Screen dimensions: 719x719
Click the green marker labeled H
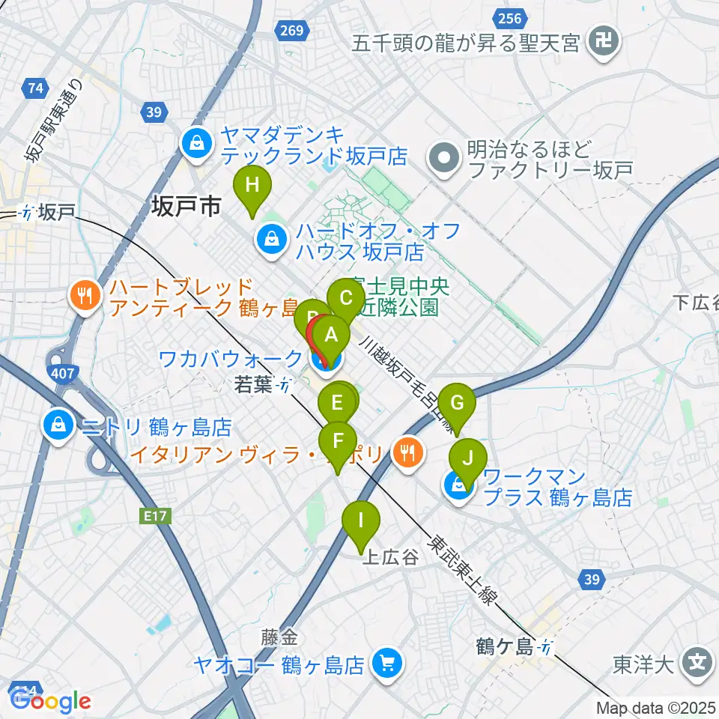pyautogui.click(x=253, y=185)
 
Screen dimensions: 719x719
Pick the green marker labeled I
pyautogui.click(x=361, y=519)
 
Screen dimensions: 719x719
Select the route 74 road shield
pyautogui.click(x=34, y=88)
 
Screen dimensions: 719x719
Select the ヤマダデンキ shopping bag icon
pyautogui.click(x=195, y=146)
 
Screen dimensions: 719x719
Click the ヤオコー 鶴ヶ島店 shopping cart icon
pyautogui.click(x=388, y=663)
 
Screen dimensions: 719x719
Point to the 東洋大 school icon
pyautogui.click(x=697, y=663)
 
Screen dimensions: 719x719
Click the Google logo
pyautogui.click(x=49, y=701)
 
